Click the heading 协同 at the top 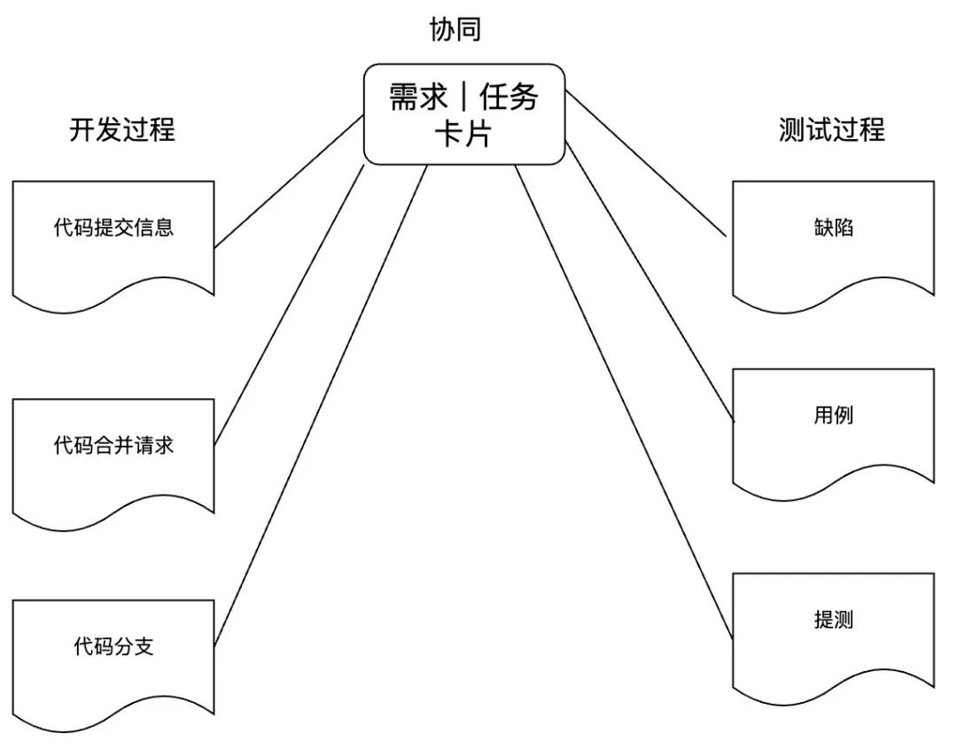tap(455, 28)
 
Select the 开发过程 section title tap(122, 129)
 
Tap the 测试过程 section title tap(832, 129)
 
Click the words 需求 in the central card tap(418, 97)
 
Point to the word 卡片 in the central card tap(463, 132)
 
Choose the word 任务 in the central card tap(509, 97)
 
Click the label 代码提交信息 tap(113, 227)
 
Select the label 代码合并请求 tap(113, 445)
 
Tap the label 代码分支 tap(113, 646)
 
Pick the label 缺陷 tap(833, 227)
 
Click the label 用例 tap(833, 415)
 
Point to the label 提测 tap(833, 620)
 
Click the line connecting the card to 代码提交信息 tap(289, 182)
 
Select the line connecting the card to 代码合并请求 tap(289, 305)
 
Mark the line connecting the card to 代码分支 tap(321, 405)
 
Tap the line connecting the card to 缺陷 tap(646, 163)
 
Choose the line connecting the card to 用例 tap(650, 281)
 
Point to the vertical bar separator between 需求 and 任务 tap(463, 97)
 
